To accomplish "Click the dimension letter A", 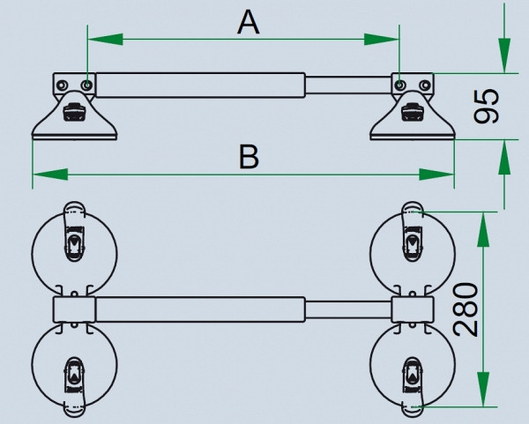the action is (x=249, y=22).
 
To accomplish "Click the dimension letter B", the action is (x=249, y=157).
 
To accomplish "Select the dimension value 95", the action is (x=486, y=106).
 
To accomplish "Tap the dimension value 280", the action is (x=466, y=310).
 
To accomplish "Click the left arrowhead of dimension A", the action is (x=105, y=40).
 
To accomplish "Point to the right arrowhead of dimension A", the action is (x=382, y=40).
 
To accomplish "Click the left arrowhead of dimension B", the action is (x=50, y=175).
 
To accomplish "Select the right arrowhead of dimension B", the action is (x=436, y=175).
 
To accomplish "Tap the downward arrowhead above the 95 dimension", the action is (x=504, y=56).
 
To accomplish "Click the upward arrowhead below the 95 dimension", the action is (x=504, y=157).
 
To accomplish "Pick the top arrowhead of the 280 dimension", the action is (x=483, y=230).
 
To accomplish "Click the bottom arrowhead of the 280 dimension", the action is (x=483, y=389).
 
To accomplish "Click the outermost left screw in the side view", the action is (x=62, y=85).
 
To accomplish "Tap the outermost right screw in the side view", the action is (x=425, y=85).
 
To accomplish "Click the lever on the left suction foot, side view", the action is (x=72, y=112).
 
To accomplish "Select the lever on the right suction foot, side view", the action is (x=410, y=112).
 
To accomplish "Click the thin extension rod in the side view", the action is (x=348, y=86).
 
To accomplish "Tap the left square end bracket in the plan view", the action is (x=74, y=309).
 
